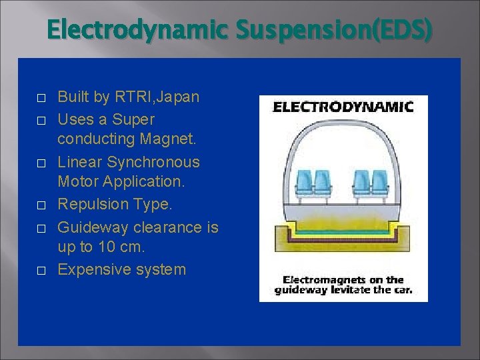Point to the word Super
[x=133, y=119]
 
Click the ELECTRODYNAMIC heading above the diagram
[x=344, y=107]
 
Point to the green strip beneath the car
[x=343, y=232]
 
